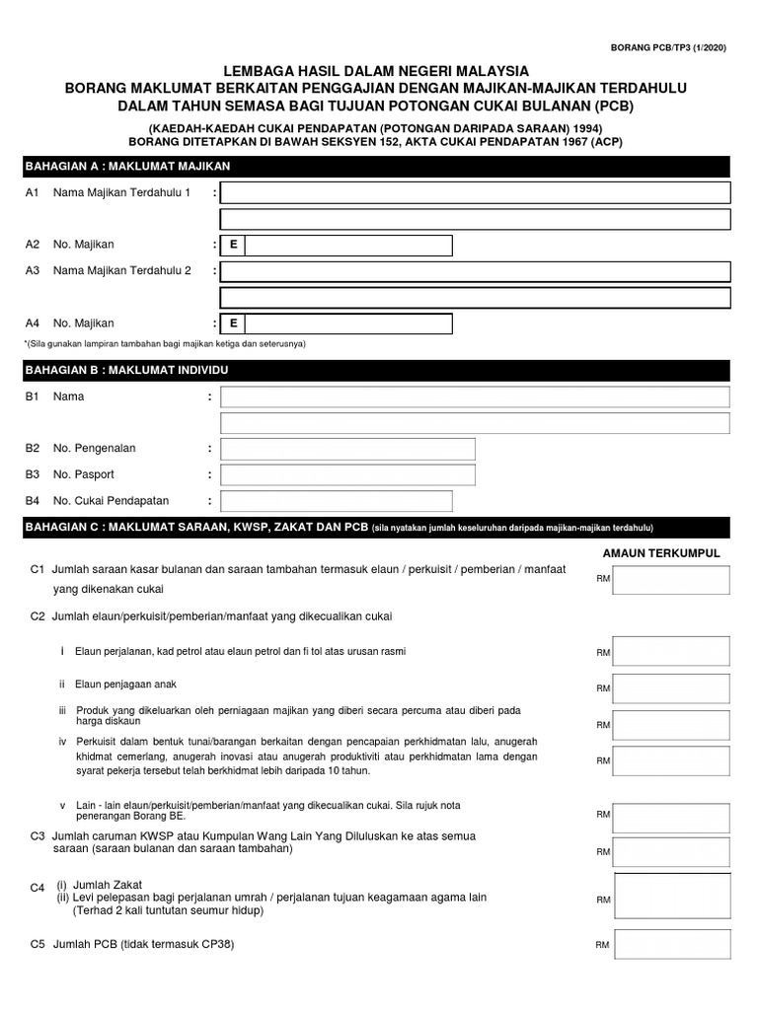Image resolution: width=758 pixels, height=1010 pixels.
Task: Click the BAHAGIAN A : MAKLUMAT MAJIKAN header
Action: click(x=128, y=167)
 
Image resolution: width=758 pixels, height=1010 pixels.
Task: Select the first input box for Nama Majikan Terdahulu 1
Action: click(x=475, y=192)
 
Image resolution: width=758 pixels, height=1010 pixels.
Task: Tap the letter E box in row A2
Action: click(x=233, y=246)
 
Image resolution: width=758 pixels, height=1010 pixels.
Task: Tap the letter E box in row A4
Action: click(x=233, y=324)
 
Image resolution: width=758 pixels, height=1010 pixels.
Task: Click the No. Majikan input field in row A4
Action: click(x=348, y=324)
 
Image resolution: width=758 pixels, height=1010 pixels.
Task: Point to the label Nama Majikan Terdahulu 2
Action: click(x=122, y=269)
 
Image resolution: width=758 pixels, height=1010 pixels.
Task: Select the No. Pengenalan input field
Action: click(x=347, y=449)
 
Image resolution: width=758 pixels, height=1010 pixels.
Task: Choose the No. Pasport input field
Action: click(x=347, y=474)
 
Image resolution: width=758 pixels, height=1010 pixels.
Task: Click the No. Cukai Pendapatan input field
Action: click(x=337, y=501)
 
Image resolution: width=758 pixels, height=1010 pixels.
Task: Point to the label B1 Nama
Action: click(x=55, y=397)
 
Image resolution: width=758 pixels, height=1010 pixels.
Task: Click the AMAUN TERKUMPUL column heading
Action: click(x=660, y=553)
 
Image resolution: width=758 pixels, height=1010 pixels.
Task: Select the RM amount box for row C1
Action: click(x=671, y=580)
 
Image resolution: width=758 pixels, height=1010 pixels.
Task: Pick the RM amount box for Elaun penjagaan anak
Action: click(x=671, y=687)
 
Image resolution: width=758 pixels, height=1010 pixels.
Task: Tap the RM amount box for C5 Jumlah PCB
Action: click(x=671, y=945)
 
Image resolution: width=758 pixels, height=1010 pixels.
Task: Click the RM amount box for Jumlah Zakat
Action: click(x=672, y=899)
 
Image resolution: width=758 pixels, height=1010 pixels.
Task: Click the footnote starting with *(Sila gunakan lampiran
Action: click(x=165, y=343)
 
